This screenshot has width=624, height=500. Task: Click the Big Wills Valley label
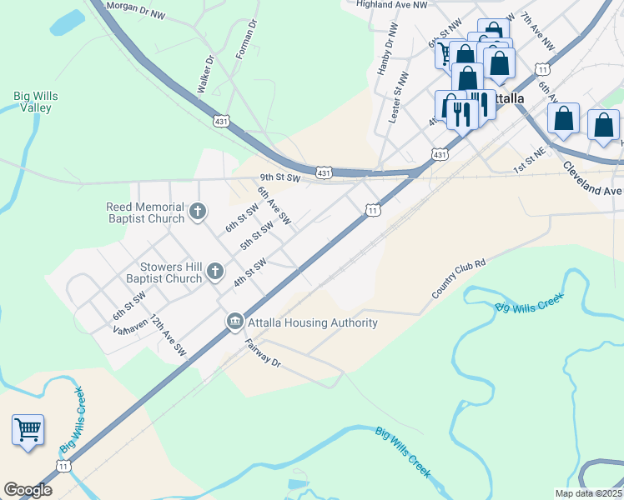click(x=36, y=102)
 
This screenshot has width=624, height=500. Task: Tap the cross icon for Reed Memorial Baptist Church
click(x=198, y=212)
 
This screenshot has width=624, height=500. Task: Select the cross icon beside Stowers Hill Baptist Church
click(x=215, y=272)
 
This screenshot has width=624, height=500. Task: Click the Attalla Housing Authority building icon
click(x=234, y=322)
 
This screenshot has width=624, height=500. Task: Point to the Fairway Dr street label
click(x=263, y=352)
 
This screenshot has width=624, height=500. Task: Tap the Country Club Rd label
click(x=458, y=278)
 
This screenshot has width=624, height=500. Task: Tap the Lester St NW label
click(x=398, y=97)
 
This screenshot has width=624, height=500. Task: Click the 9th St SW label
click(x=279, y=177)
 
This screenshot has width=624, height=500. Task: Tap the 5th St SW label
click(x=257, y=235)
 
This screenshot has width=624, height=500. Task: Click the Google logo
click(x=28, y=489)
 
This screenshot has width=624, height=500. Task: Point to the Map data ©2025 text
click(x=589, y=493)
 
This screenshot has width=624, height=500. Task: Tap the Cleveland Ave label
click(x=592, y=177)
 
